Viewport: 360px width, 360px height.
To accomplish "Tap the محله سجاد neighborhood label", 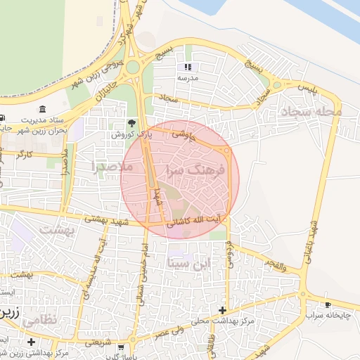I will pos(310,111).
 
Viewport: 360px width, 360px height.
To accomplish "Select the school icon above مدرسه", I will pos(188,67).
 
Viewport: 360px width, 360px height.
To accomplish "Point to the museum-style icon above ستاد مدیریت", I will pos(44,109).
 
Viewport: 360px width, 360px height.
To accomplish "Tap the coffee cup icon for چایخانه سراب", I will pos(328,304).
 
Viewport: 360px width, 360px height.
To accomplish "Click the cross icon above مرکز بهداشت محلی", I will pos(222,310).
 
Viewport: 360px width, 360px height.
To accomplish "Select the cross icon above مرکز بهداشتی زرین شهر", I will pos(31,342).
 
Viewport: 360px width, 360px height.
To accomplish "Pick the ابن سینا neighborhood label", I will pos(189,264).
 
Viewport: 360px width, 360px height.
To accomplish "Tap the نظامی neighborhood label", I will pos(40,320).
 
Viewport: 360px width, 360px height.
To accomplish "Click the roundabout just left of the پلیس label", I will pos(277,85).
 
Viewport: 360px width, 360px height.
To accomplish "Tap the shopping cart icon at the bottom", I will pos(121,347).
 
